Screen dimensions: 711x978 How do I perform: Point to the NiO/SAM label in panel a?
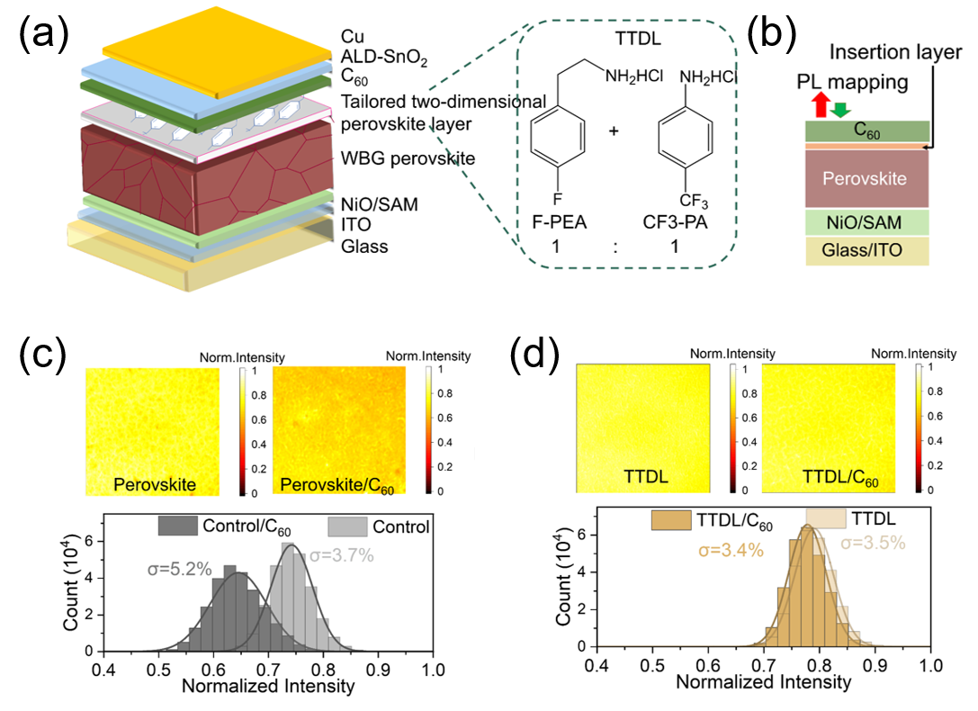[379, 205]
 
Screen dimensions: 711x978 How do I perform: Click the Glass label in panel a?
[363, 246]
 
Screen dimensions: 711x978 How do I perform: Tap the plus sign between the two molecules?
[615, 131]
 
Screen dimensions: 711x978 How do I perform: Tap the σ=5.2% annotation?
[179, 569]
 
